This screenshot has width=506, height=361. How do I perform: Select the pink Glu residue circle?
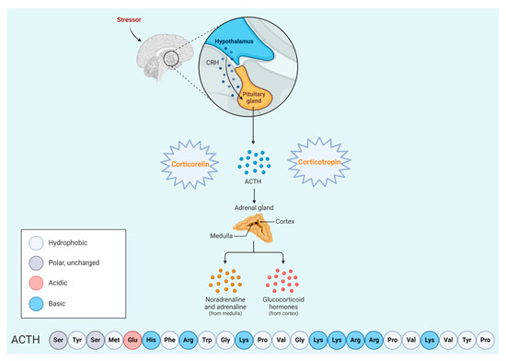(132, 338)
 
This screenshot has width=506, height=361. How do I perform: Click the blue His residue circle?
(151, 338)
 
